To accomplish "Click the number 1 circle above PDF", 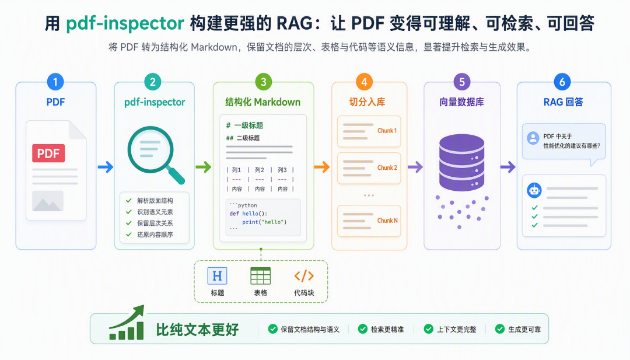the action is point(55,82).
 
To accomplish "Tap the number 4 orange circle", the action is point(364,82).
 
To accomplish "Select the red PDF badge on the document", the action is point(48,153).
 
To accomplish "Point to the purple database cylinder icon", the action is point(461,162).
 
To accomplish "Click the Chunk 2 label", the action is point(387,167).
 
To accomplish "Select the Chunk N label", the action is point(387,221).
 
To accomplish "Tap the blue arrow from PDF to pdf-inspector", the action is point(105,167).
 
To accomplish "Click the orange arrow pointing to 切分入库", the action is point(322,167).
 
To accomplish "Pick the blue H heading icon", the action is point(218,275).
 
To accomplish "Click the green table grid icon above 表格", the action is point(260,275).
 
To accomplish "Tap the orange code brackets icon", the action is point(304,276).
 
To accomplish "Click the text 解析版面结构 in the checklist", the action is point(155,201).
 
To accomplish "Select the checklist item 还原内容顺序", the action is point(155,234).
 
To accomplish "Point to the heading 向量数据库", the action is point(461,102).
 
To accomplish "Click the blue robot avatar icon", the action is point(534,190).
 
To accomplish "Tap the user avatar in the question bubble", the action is point(533,138).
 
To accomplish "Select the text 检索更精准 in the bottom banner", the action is point(387,330).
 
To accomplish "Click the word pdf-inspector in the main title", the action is point(125,23).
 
